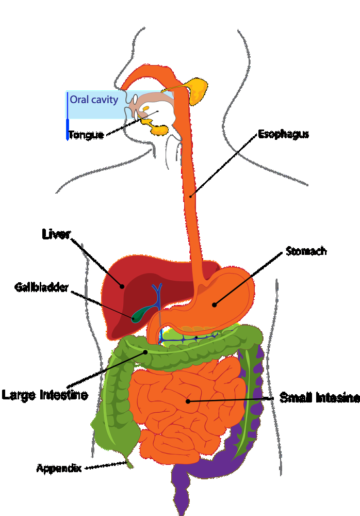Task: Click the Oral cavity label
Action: click(x=94, y=100)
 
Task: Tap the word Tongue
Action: click(x=86, y=135)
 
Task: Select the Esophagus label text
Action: click(x=283, y=134)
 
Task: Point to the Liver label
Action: click(x=56, y=234)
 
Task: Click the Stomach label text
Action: click(x=306, y=251)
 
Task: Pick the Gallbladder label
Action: click(x=41, y=287)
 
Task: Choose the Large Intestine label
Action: click(x=45, y=395)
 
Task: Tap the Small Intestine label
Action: click(x=319, y=398)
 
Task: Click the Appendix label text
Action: click(x=59, y=468)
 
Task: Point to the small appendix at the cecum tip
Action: click(x=129, y=463)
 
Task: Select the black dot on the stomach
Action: click(x=214, y=305)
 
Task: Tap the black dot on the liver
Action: click(x=122, y=286)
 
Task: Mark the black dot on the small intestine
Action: click(x=188, y=401)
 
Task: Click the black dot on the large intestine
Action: click(x=145, y=352)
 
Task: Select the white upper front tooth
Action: click(x=135, y=99)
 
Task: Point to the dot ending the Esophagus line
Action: click(x=190, y=197)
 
